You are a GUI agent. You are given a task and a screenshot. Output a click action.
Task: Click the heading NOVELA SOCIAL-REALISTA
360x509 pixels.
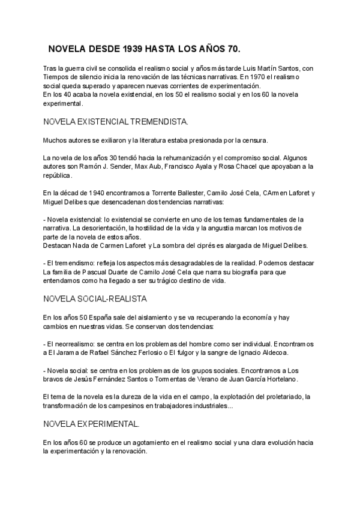click(95, 298)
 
